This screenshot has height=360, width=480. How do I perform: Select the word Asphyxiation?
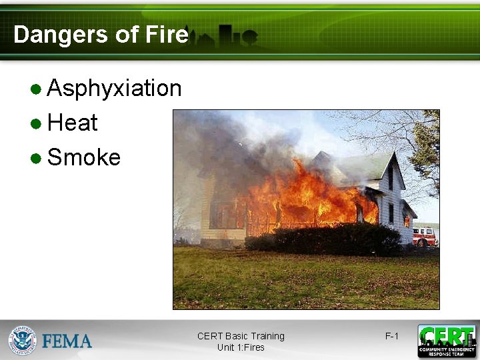[115, 88]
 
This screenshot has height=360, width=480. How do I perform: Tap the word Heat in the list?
[73, 123]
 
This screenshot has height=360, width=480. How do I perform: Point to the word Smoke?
[84, 157]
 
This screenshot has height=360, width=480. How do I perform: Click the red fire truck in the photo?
[425, 236]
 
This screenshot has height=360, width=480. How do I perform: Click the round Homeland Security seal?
[22, 340]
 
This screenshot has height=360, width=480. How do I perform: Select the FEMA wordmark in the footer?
[67, 341]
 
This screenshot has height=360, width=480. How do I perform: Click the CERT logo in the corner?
[447, 341]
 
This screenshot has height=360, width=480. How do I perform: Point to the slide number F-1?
[392, 336]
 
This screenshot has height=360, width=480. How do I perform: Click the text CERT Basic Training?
[241, 336]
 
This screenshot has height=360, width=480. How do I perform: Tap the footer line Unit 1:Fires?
[241, 347]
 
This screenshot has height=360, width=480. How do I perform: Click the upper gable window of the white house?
[390, 178]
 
